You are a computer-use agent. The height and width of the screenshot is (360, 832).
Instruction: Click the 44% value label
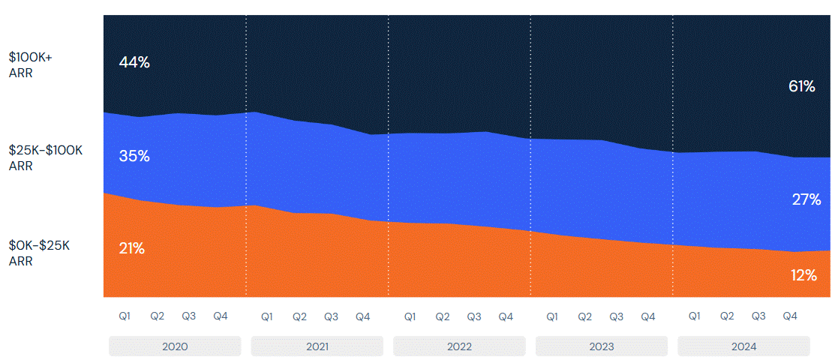click(134, 63)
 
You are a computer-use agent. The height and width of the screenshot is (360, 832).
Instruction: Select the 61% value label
click(801, 87)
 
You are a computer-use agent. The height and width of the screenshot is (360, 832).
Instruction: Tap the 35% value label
click(134, 157)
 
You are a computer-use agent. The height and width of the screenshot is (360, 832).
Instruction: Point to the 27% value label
click(806, 199)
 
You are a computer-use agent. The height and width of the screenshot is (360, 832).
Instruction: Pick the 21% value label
click(132, 249)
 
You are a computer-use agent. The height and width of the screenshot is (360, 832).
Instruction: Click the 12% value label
click(803, 275)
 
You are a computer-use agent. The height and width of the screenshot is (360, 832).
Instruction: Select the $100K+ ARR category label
click(30, 64)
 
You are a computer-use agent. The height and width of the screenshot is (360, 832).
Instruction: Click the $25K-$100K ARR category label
click(45, 158)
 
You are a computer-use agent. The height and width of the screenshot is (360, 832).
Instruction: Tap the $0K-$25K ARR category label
click(39, 253)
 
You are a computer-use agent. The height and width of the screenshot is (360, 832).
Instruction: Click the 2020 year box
click(175, 346)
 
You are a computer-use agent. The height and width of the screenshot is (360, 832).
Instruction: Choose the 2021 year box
click(317, 346)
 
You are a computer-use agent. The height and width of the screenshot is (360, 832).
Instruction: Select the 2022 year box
click(459, 346)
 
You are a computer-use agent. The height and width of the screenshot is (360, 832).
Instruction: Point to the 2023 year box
click(602, 346)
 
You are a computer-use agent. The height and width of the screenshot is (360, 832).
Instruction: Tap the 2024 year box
click(743, 346)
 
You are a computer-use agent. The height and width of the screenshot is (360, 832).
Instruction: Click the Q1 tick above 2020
click(125, 316)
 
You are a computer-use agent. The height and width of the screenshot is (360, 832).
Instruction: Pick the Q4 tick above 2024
click(790, 316)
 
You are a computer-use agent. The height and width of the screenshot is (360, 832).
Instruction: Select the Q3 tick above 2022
click(474, 316)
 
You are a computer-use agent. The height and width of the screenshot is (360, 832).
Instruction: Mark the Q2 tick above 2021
click(299, 316)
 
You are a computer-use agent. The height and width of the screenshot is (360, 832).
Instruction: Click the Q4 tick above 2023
click(648, 316)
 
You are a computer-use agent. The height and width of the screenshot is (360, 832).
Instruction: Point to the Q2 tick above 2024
click(727, 316)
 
